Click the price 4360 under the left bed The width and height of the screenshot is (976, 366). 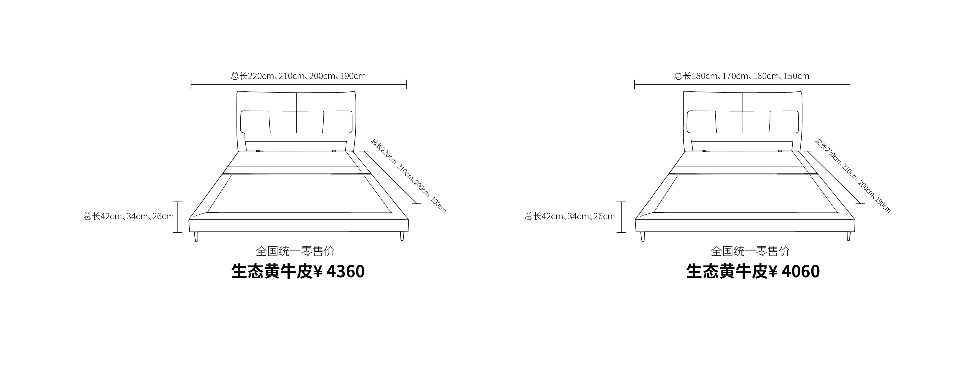345,271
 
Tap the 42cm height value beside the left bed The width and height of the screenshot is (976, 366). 111,216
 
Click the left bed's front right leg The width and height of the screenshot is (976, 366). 402,236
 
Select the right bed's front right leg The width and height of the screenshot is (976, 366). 849,236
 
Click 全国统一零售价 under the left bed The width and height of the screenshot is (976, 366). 295,251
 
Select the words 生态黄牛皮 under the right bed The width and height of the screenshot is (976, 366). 728,271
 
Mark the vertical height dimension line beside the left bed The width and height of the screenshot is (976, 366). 178,217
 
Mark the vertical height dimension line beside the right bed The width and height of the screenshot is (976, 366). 621,217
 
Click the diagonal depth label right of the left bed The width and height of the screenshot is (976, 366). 408,175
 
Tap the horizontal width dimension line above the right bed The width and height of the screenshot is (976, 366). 742,84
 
